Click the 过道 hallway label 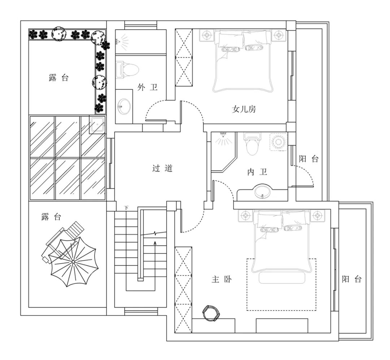pyautogui.click(x=162, y=168)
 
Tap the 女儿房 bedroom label pyautogui.click(x=244, y=109)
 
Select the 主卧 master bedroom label pyautogui.click(x=222, y=279)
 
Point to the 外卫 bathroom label pyautogui.click(x=147, y=87)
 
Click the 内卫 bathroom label pyautogui.click(x=257, y=172)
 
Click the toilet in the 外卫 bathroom pyautogui.click(x=127, y=70)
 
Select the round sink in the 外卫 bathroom pyautogui.click(x=123, y=106)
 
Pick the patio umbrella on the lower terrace pyautogui.click(x=73, y=262)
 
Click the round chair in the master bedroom pyautogui.click(x=211, y=313)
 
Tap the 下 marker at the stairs pyautogui.click(x=126, y=208)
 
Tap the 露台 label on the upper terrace pyautogui.click(x=58, y=78)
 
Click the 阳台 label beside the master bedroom pyautogui.click(x=351, y=279)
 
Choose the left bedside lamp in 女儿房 pyautogui.click(x=207, y=35)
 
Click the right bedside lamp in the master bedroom pyautogui.click(x=317, y=216)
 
